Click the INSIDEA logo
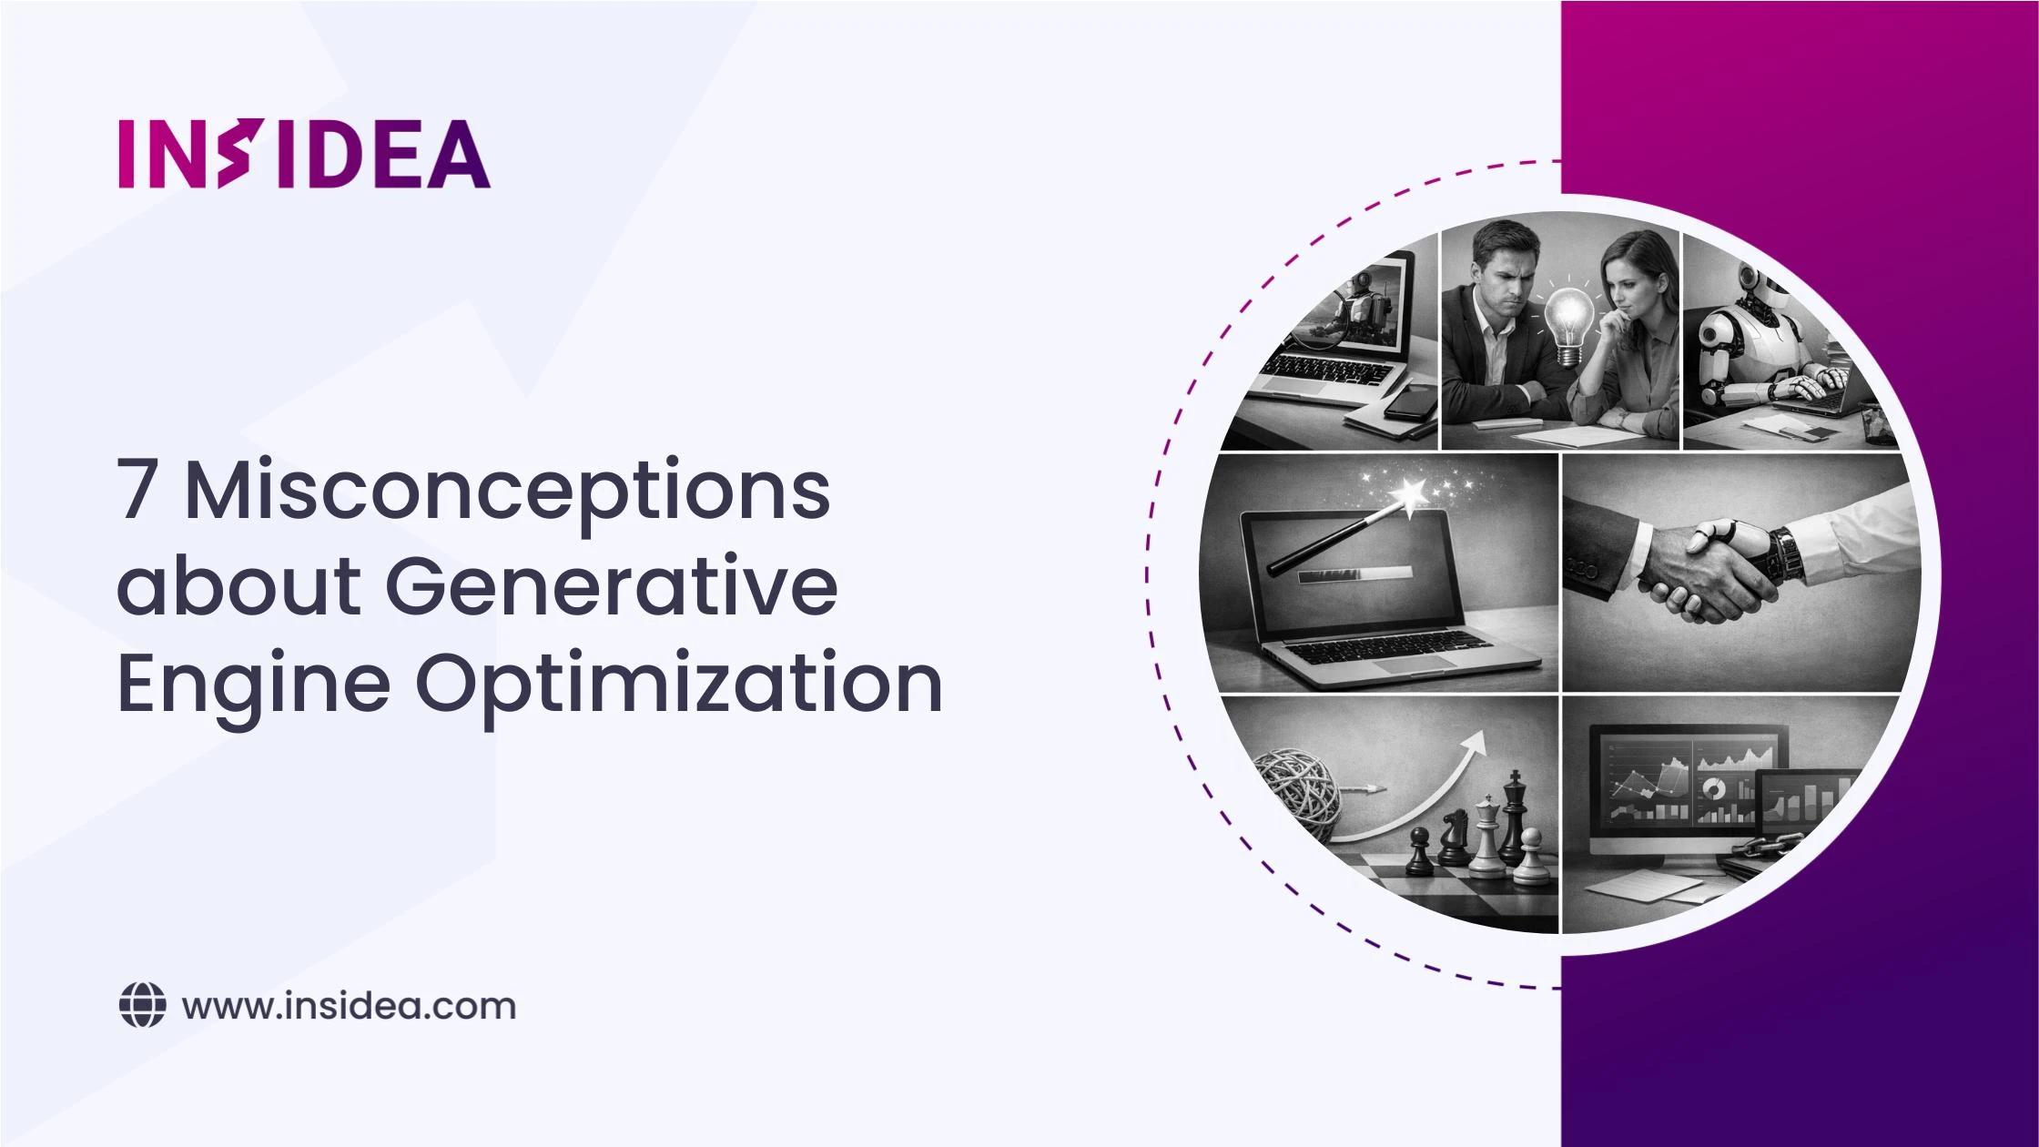click(x=304, y=154)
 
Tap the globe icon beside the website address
click(x=143, y=1006)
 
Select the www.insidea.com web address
click(x=349, y=1007)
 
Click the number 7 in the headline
click(x=137, y=489)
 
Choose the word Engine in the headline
click(x=254, y=685)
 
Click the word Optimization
click(x=679, y=685)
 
